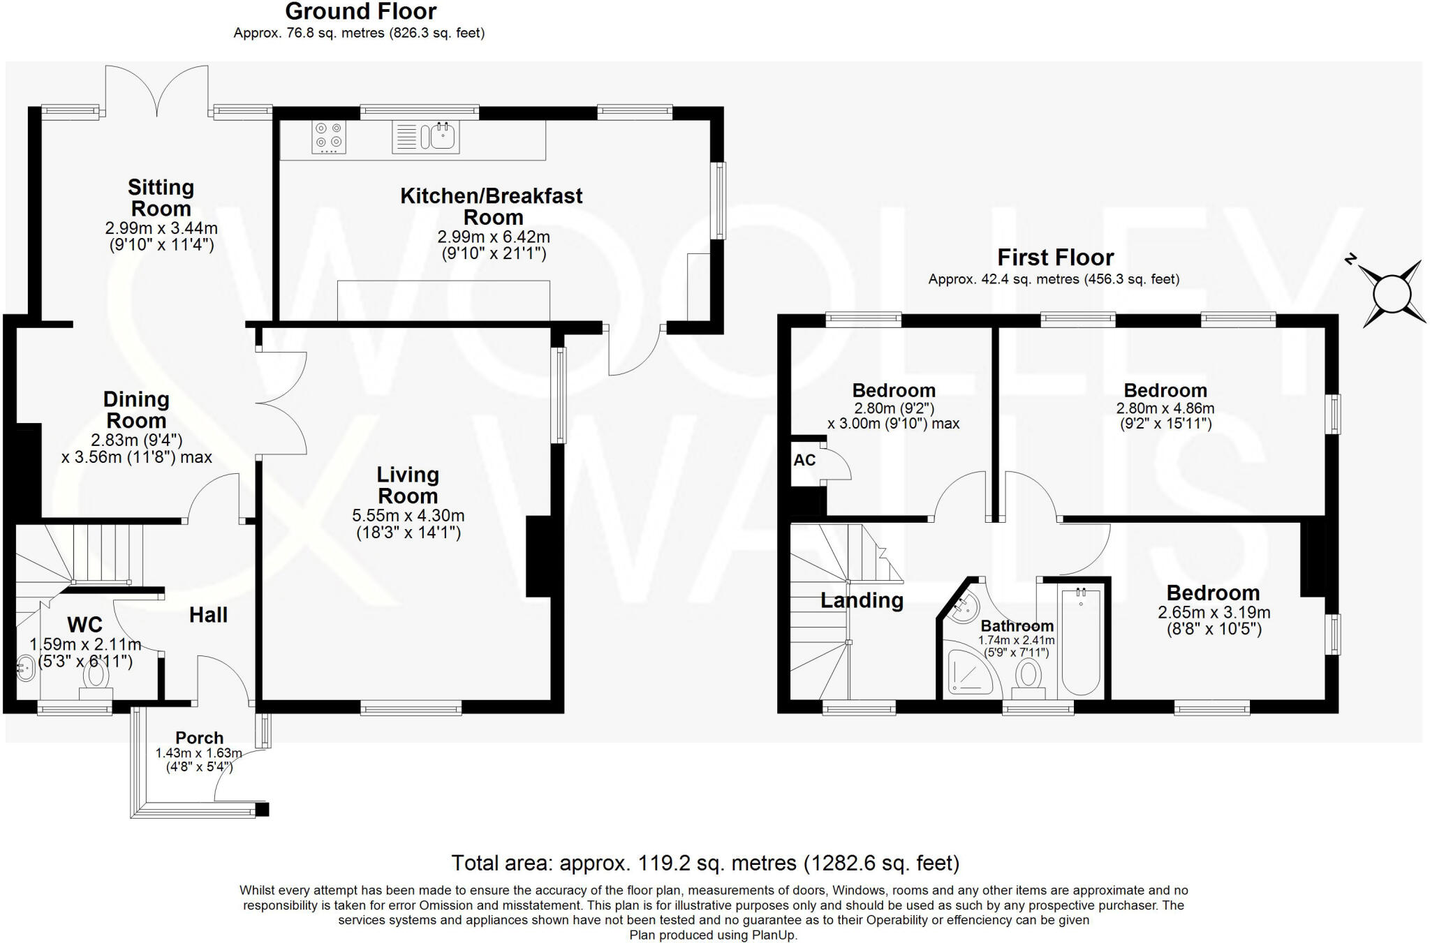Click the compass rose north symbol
pos(1393,293)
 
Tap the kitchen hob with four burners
pos(329,138)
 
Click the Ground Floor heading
pos(360,12)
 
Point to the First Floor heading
pos(1054,258)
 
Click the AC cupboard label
pos(804,461)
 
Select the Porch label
pos(199,738)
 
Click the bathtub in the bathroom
pos(1080,641)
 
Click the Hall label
pos(208,615)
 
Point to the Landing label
pos(862,600)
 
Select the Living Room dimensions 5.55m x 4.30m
pos(408,516)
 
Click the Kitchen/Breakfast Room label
pos(492,206)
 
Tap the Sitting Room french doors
pos(157,91)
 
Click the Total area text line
pos(705,863)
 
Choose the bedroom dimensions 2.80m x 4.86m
pos(1165,408)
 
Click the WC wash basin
pos(24,668)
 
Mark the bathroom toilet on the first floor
pos(1028,678)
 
